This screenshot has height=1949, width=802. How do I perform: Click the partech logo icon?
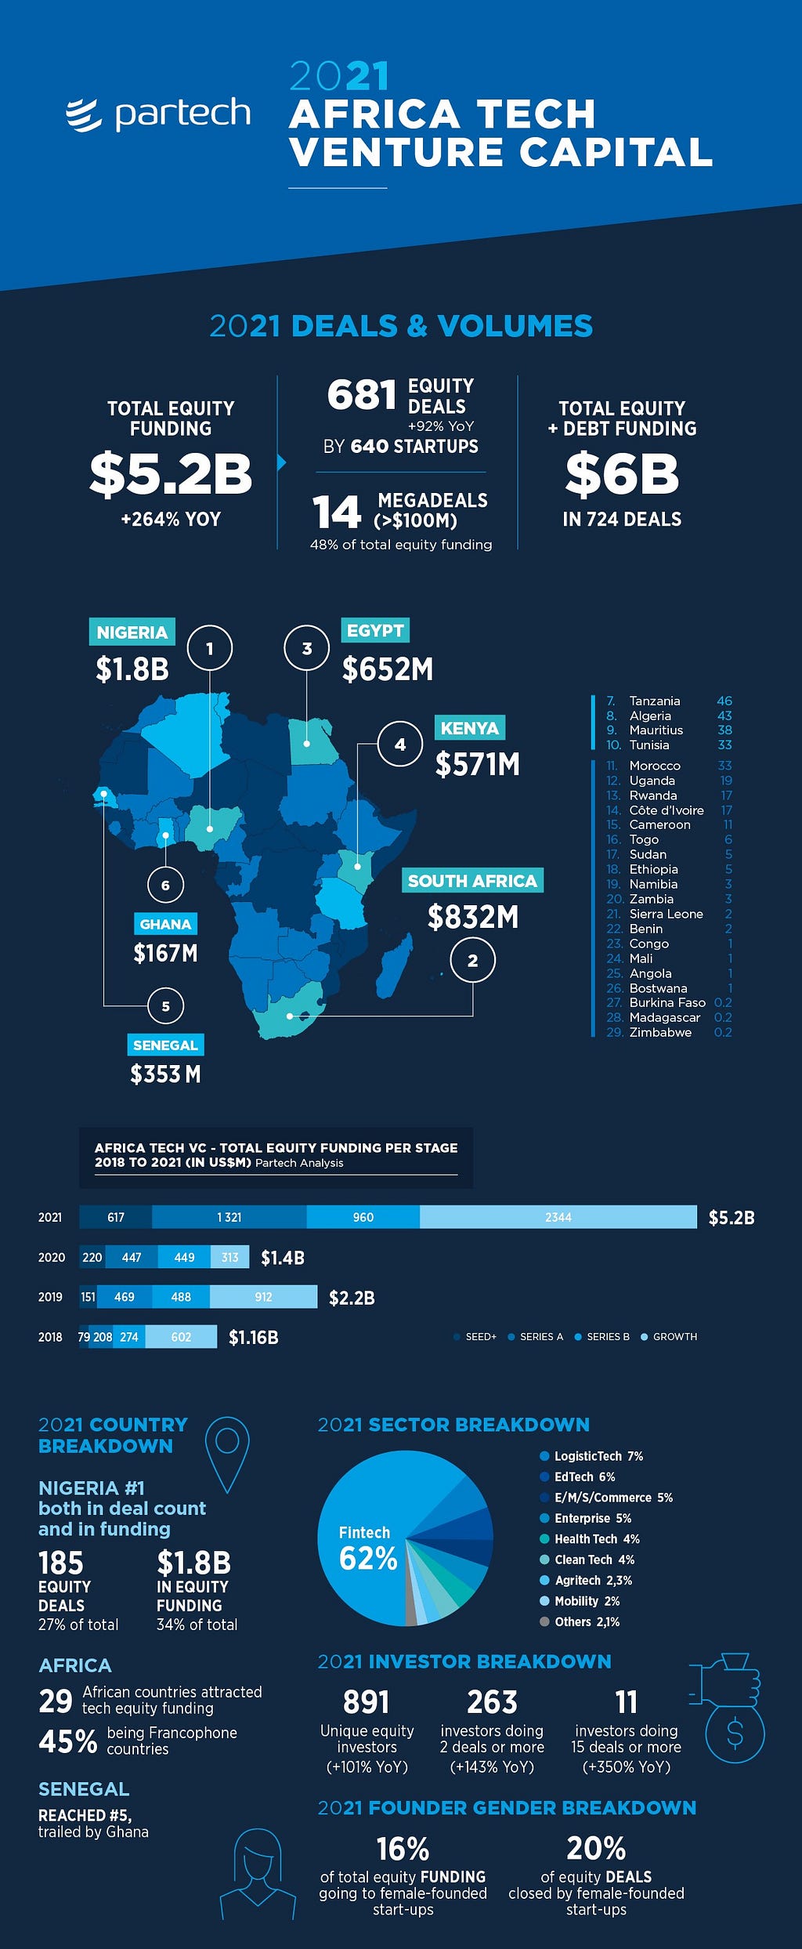click(84, 116)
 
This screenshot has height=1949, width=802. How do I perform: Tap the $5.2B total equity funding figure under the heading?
click(171, 474)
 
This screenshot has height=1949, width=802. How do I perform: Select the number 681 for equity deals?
click(362, 395)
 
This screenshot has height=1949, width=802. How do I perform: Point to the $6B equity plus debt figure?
click(622, 474)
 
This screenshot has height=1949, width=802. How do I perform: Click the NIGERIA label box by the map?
click(132, 632)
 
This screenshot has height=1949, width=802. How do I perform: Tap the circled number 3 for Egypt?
click(306, 648)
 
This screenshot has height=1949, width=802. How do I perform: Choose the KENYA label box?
click(469, 728)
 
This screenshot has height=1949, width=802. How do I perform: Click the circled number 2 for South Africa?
click(472, 960)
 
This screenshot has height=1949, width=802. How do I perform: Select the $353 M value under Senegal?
click(165, 1074)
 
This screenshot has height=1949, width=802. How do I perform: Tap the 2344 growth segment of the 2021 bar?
click(558, 1217)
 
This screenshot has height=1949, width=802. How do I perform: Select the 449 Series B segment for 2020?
click(184, 1257)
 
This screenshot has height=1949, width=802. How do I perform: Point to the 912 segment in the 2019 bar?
click(264, 1297)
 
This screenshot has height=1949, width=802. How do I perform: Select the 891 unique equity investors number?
click(366, 1702)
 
